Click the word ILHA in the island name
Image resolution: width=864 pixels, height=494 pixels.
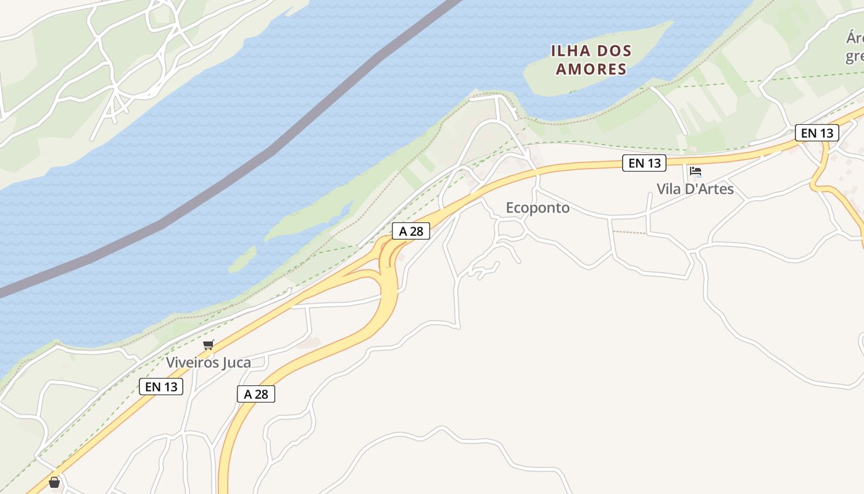point(571,51)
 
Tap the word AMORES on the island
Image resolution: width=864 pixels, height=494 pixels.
point(591,69)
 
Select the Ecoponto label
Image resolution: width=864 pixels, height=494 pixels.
point(538,208)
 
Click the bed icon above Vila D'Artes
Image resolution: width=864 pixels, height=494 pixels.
point(696,172)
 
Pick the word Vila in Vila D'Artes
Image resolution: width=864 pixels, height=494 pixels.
point(668,189)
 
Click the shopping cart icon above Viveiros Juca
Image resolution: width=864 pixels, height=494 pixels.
point(208,345)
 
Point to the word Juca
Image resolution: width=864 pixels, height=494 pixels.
point(236,362)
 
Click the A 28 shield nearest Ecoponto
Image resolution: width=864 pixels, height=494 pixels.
point(411,231)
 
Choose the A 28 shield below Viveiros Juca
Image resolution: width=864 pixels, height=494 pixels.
point(255,394)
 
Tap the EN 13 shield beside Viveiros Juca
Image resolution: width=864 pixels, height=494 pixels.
point(161,387)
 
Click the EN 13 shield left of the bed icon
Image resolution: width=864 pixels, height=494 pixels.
point(644,163)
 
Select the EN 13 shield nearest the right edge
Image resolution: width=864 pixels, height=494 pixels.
point(817,132)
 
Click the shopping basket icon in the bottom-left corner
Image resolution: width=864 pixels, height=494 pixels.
point(54,482)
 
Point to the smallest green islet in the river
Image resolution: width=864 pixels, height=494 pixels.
point(243,259)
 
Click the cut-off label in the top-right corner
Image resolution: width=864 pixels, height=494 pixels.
point(854,47)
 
